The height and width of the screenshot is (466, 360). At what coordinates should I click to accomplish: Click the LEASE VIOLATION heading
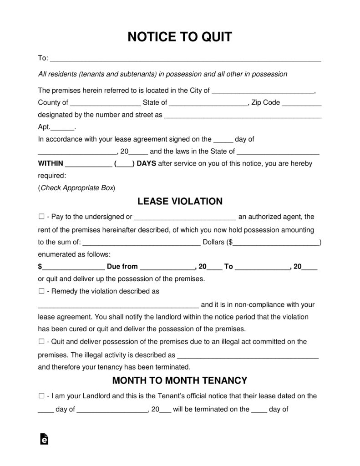180,201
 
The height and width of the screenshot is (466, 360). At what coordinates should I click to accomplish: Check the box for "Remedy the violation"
41,291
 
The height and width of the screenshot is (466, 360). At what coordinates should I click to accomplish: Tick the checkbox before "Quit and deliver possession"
41,342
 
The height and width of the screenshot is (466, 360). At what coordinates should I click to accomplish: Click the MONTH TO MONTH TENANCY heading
180,380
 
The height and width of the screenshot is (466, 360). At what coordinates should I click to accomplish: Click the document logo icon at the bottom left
44,438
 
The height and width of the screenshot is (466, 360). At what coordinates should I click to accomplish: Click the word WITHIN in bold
51,164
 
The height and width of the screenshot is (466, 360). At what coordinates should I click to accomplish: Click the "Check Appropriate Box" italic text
77,187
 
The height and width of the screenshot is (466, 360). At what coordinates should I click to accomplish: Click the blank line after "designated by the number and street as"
243,116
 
